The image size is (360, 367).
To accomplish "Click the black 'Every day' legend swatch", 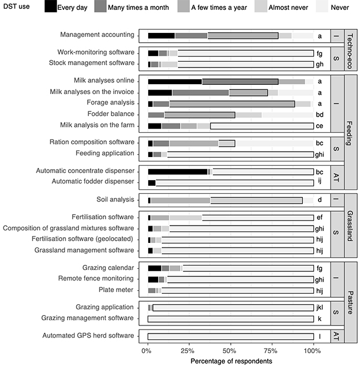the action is click(51, 6).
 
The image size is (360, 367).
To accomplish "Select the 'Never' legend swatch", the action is click(322, 6).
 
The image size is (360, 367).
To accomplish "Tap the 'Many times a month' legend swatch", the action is click(100, 6).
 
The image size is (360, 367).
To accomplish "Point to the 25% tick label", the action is click(187, 351).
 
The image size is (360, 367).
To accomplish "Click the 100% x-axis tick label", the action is click(312, 351).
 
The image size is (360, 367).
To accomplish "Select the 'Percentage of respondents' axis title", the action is click(231, 361).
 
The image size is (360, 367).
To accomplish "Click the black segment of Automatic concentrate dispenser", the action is click(178, 172).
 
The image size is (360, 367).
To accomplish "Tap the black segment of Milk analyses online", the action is click(175, 81).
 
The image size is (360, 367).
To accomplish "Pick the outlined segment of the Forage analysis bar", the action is click(232, 104).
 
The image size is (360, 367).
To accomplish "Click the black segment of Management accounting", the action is click(162, 36).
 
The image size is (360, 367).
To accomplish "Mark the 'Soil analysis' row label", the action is click(115, 200).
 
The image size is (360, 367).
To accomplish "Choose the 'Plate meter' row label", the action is click(116, 290).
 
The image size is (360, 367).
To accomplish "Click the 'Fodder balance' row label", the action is click(111, 114).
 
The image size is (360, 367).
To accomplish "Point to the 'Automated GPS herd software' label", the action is click(88, 335).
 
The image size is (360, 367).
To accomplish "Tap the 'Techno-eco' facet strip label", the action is click(350, 51).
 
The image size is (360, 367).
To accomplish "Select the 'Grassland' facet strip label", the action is click(350, 226).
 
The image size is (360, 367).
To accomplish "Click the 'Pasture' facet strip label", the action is click(350, 302).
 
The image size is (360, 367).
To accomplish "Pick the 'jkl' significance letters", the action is click(320, 308).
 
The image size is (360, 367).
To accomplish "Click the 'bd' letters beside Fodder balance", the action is click(320, 115).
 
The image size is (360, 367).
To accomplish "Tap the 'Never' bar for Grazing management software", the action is click(231, 319).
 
